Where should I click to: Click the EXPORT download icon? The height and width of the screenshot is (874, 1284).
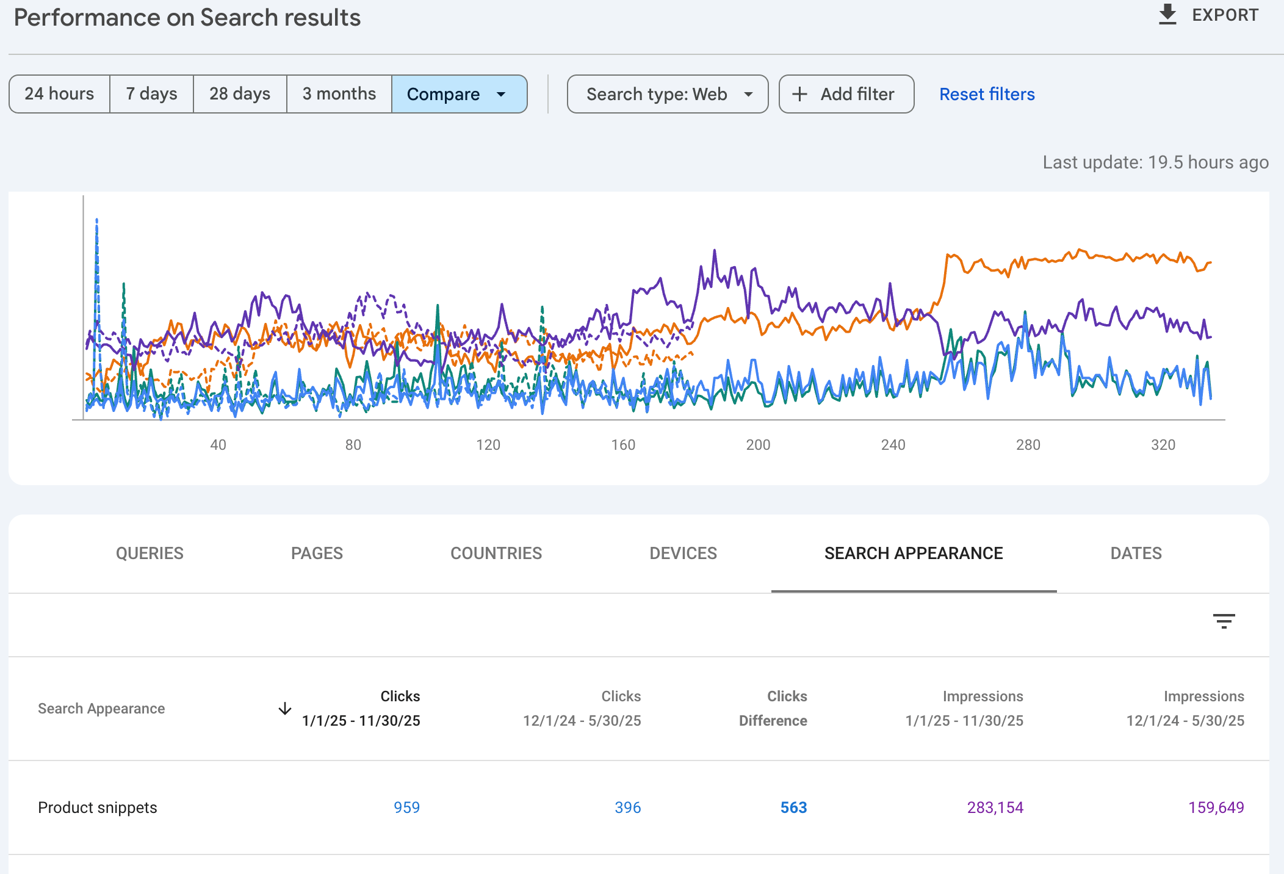click(x=1167, y=15)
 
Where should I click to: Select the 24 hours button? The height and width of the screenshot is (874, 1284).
click(x=59, y=94)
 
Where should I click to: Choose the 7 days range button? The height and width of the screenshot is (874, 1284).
click(x=151, y=94)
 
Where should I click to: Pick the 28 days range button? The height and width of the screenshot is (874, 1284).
click(x=240, y=94)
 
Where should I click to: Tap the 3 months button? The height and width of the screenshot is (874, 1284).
click(x=339, y=94)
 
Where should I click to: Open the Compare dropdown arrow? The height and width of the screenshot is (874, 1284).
click(x=501, y=95)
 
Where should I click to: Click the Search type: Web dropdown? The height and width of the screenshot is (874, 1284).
click(x=668, y=94)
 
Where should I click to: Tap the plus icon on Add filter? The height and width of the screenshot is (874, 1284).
click(x=799, y=94)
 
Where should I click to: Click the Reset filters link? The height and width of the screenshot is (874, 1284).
click(x=987, y=94)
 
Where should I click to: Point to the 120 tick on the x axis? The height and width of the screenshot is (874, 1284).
click(x=488, y=445)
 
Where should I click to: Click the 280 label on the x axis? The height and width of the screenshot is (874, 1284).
click(x=1028, y=445)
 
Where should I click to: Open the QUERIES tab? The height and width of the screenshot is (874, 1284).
click(x=150, y=553)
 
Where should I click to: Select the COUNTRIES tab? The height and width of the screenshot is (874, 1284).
click(x=496, y=553)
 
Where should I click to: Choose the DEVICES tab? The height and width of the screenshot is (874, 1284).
click(x=683, y=553)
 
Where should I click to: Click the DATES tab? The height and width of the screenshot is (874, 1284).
click(x=1136, y=553)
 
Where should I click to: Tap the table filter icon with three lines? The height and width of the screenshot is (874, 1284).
click(x=1224, y=621)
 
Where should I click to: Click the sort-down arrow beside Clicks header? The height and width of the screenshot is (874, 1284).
click(x=285, y=709)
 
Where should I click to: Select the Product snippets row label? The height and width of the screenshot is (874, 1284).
click(x=98, y=807)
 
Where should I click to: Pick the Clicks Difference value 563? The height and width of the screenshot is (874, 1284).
click(x=793, y=807)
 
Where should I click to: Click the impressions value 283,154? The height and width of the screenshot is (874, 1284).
click(x=995, y=807)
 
